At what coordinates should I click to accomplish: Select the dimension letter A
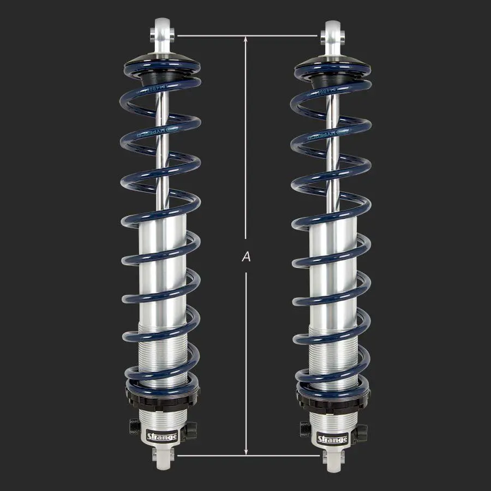coord(246,256)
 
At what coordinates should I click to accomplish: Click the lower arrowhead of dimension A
coord(246,451)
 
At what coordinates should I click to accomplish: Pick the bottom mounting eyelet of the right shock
coord(332,463)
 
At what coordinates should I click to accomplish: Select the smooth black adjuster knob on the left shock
coord(191,429)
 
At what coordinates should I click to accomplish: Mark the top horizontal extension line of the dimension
coord(246,36)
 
